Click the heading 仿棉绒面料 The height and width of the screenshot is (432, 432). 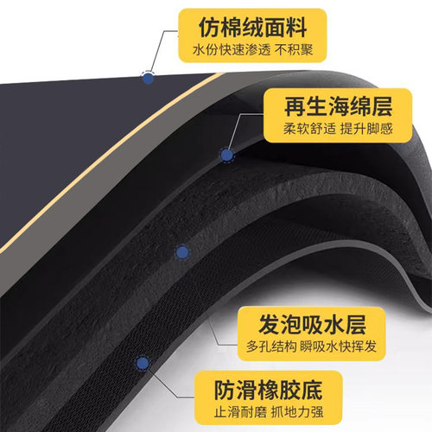[252, 28]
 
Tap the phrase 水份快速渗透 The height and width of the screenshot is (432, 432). [232, 50]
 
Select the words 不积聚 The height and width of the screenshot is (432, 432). [294, 50]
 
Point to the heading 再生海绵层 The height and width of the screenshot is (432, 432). [338, 106]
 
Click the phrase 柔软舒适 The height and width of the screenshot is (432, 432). [309, 129]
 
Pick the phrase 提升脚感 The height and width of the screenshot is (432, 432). [366, 129]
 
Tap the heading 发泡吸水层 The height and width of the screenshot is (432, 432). [312, 325]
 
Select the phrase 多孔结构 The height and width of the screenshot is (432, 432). [271, 346]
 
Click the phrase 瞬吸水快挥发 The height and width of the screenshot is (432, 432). [338, 346]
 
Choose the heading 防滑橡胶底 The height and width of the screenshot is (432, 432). [268, 390]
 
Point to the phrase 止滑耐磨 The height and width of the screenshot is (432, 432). [240, 412]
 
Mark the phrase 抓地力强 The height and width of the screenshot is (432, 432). [297, 412]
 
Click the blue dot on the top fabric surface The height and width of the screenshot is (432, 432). [148, 79]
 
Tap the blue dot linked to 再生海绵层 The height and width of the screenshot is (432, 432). [226, 156]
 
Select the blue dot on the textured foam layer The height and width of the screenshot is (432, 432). [182, 252]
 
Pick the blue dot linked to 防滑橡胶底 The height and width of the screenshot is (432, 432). [143, 363]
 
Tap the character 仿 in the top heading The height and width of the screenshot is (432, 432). [209, 28]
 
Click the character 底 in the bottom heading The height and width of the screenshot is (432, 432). [312, 390]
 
